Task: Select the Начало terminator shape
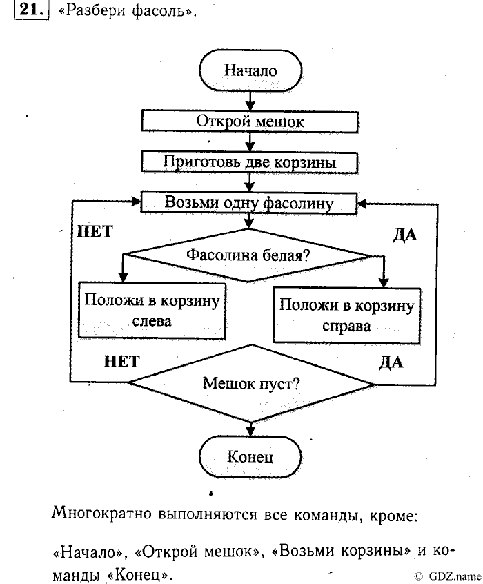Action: pyautogui.click(x=250, y=70)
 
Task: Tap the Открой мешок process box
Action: pyautogui.click(x=250, y=121)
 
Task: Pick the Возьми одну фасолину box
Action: pyautogui.click(x=249, y=202)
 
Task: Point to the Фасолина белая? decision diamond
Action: pyautogui.click(x=248, y=255)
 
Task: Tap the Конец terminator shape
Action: pyautogui.click(x=250, y=456)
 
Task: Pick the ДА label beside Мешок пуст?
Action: pyautogui.click(x=391, y=362)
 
